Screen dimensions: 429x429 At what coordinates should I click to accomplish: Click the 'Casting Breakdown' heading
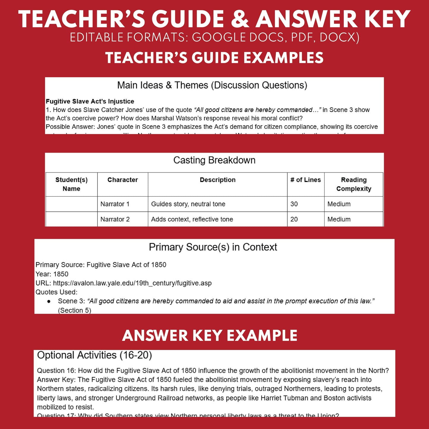(214, 160)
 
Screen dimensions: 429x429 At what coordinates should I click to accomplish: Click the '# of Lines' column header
(305, 180)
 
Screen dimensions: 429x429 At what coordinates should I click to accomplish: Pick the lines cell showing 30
(294, 204)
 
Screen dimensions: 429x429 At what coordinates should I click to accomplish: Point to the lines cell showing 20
(294, 219)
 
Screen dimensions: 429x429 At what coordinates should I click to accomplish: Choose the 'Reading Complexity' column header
(354, 184)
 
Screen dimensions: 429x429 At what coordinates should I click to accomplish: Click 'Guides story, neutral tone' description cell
(188, 204)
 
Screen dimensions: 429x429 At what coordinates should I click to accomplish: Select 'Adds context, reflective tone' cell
(192, 219)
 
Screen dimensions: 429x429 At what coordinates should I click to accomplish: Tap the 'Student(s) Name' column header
(72, 184)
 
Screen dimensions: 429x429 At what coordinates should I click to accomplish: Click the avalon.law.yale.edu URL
(132, 283)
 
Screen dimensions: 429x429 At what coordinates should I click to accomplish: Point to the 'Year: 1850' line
(52, 274)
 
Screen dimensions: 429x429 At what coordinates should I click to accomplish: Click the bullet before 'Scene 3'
(49, 301)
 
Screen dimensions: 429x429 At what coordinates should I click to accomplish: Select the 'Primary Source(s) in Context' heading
(213, 247)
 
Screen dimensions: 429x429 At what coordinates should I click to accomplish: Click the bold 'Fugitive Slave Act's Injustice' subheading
(90, 102)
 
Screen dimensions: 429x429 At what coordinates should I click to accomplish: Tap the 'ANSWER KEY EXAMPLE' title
(210, 336)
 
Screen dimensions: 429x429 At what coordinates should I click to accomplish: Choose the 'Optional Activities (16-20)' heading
(94, 355)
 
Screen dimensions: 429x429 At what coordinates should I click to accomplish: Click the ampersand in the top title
(240, 20)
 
